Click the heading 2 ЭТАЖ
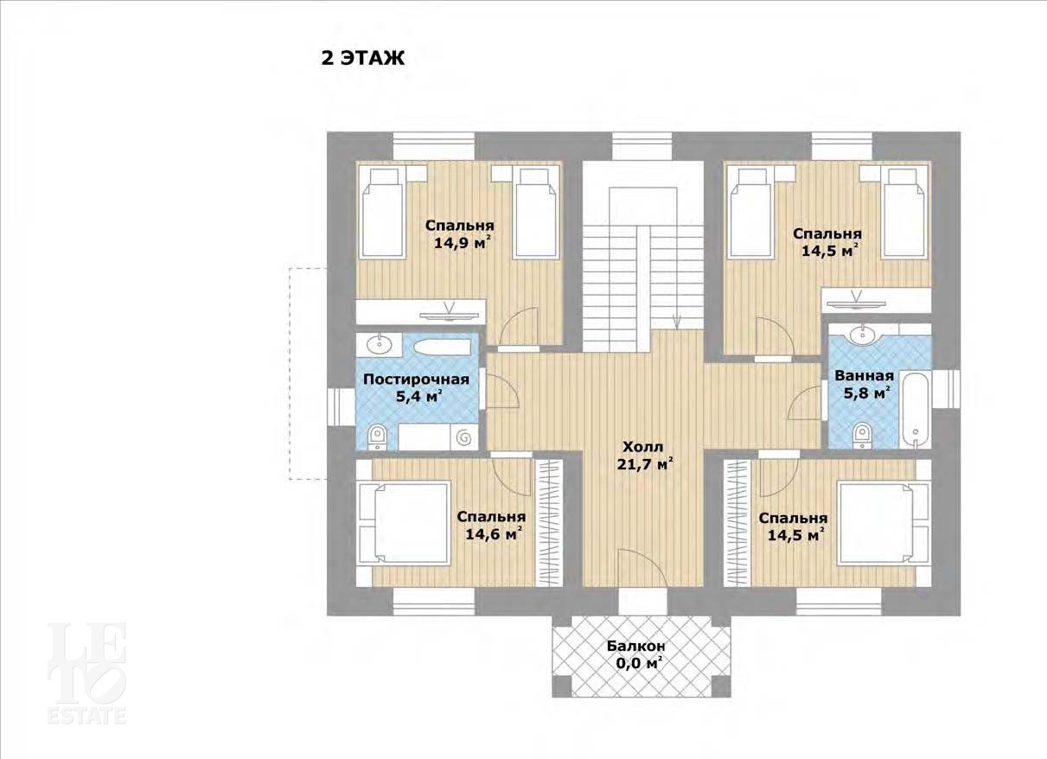click(x=363, y=59)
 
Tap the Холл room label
click(x=643, y=447)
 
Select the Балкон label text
click(x=636, y=647)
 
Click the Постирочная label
click(x=416, y=379)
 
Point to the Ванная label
click(x=865, y=376)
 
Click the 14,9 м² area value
click(x=460, y=243)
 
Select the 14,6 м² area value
click(x=491, y=534)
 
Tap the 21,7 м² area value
click(x=643, y=464)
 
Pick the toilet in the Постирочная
click(x=377, y=437)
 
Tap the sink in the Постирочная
click(x=379, y=346)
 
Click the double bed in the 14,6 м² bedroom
click(x=404, y=523)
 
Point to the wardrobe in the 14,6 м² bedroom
click(x=548, y=522)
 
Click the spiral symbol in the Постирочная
click(x=463, y=437)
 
